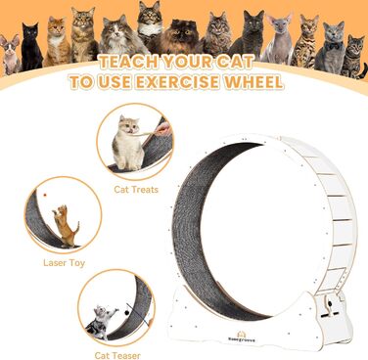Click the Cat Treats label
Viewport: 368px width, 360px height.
click(x=136, y=190)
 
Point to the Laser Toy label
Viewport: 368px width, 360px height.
click(x=64, y=263)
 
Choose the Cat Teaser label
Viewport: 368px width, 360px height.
click(x=117, y=355)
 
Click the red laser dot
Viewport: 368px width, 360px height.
click(x=45, y=195)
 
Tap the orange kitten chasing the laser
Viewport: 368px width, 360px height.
click(x=66, y=226)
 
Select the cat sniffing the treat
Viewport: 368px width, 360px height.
click(x=127, y=142)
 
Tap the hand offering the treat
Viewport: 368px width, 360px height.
click(x=162, y=128)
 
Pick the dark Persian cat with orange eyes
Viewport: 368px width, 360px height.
click(x=180, y=36)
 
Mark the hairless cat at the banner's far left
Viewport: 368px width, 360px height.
click(x=10, y=54)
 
